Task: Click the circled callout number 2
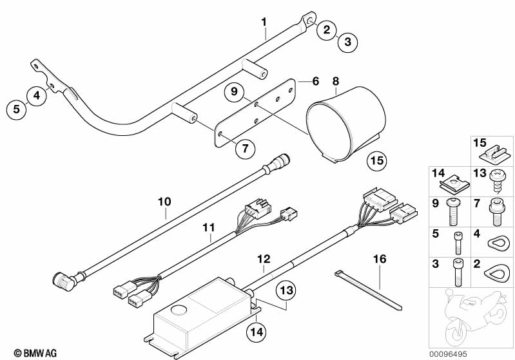coord(327,30)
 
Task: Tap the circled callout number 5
coord(16,109)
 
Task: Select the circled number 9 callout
coord(234,91)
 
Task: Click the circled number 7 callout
coord(246,148)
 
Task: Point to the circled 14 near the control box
coord(257,332)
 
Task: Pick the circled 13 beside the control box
coord(286,290)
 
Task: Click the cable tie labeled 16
coord(368,290)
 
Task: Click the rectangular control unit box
coord(201,317)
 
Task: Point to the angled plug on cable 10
coord(64,281)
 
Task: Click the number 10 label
coord(164,202)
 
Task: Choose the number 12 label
coord(264,259)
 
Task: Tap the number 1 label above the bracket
coord(264,22)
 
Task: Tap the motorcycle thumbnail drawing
coord(471,317)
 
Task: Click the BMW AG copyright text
coord(35,354)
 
